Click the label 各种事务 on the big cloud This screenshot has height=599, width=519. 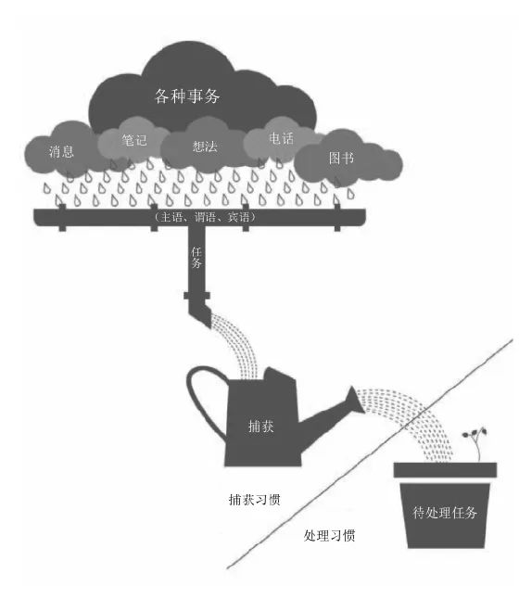point(187,96)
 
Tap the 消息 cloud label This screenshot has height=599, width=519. point(61,152)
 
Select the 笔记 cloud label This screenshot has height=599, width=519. point(134,140)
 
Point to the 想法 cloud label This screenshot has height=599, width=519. point(205,147)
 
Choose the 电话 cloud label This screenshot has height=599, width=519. point(281,138)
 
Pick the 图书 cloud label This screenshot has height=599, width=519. point(341,158)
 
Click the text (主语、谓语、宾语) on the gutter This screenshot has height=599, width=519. point(204,217)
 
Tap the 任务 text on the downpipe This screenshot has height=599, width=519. point(196,257)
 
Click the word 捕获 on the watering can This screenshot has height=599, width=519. point(260,426)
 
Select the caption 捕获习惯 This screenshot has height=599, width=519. point(254,500)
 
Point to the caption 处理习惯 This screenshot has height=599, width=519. point(329,536)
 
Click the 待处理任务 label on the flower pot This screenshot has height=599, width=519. point(445,512)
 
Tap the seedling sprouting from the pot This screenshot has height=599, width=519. point(476,443)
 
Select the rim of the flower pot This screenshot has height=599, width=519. point(445,470)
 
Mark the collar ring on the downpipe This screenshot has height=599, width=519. point(196,296)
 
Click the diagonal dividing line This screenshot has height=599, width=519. point(369,453)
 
